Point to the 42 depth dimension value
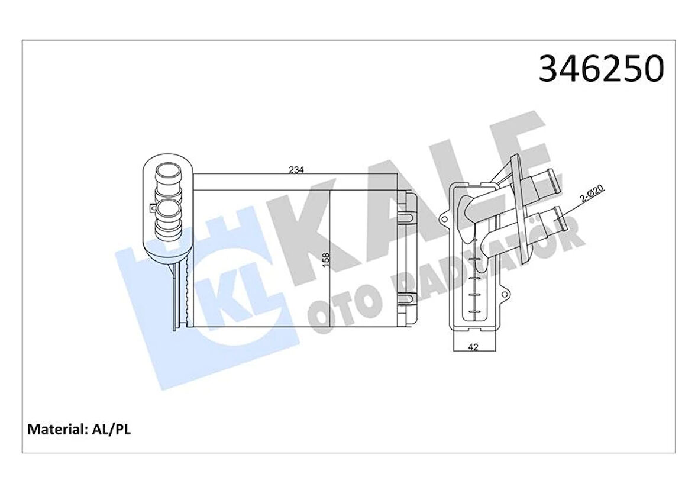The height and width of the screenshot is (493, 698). click(x=472, y=348)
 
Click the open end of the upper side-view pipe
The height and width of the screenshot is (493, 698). click(x=550, y=176)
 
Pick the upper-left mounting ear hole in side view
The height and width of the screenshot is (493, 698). click(x=444, y=221)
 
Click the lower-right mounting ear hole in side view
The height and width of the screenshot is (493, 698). click(x=506, y=292)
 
